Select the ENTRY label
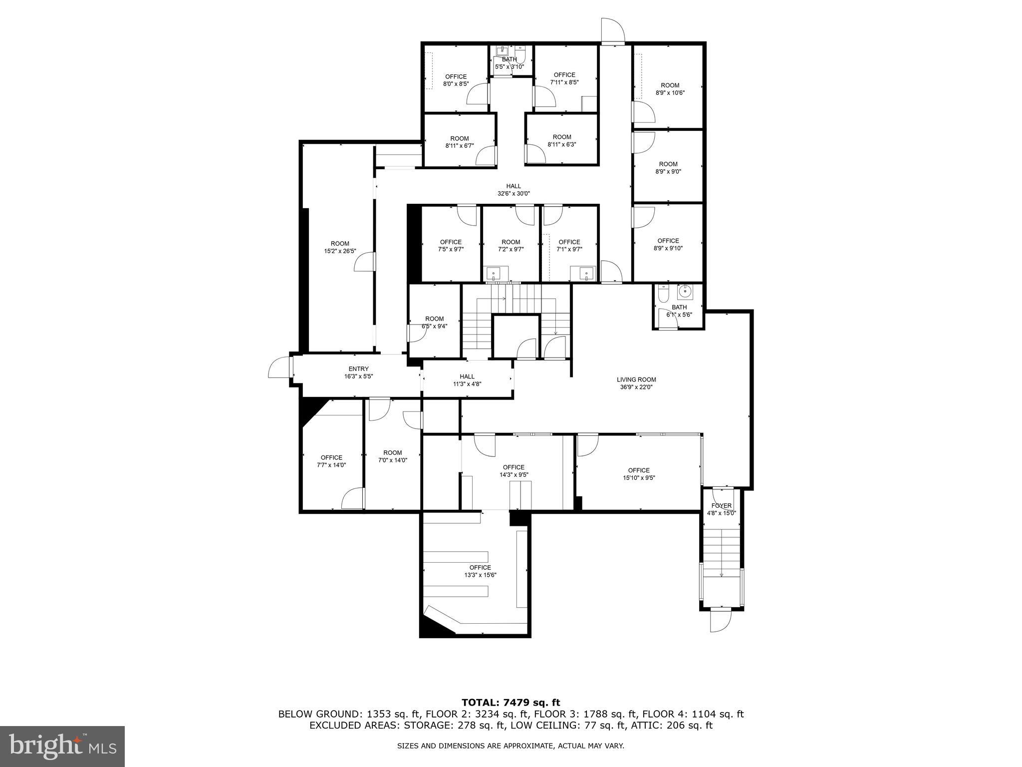pyautogui.click(x=358, y=369)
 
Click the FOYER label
pyautogui.click(x=722, y=506)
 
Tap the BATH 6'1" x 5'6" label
pyautogui.click(x=679, y=311)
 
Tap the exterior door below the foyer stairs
pyautogui.click(x=721, y=621)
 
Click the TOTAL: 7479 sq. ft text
pyautogui.click(x=511, y=703)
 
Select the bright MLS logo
pyautogui.click(x=62, y=746)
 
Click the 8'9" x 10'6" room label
pyautogui.click(x=670, y=89)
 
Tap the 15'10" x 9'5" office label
pyautogui.click(x=639, y=474)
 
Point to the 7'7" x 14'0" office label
pyautogui.click(x=331, y=461)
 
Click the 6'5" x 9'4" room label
pyautogui.click(x=434, y=322)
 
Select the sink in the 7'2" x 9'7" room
pyautogui.click(x=494, y=274)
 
